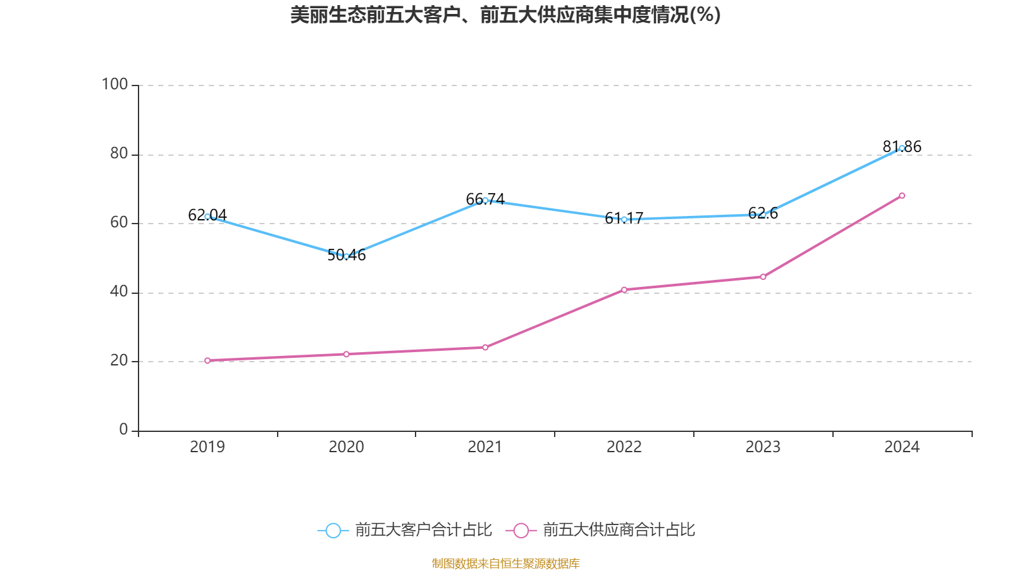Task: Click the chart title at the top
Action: click(505, 15)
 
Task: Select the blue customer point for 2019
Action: click(207, 217)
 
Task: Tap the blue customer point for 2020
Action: click(346, 256)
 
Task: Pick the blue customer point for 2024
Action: click(902, 148)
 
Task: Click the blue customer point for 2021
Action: click(485, 200)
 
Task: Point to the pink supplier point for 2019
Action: click(207, 361)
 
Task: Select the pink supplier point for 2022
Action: click(624, 290)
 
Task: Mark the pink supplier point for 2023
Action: click(763, 277)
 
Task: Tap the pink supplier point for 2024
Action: click(902, 196)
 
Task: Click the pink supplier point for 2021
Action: click(485, 348)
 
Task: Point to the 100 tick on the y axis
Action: click(115, 84)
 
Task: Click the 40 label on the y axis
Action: click(119, 292)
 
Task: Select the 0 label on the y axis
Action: click(124, 430)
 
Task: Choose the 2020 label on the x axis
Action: click(346, 447)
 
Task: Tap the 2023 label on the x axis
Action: click(763, 447)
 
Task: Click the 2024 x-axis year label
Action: click(902, 447)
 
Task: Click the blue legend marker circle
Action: click(333, 531)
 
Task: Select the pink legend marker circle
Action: click(521, 531)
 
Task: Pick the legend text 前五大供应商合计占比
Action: click(619, 530)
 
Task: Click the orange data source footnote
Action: click(505, 563)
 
